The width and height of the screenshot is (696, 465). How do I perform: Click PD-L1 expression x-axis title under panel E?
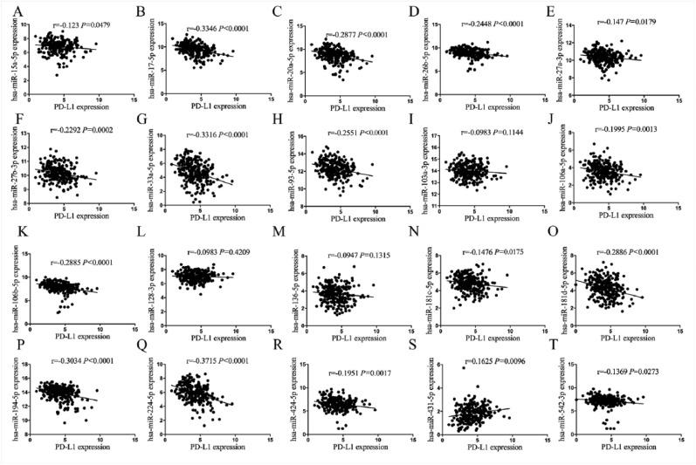(624, 107)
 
